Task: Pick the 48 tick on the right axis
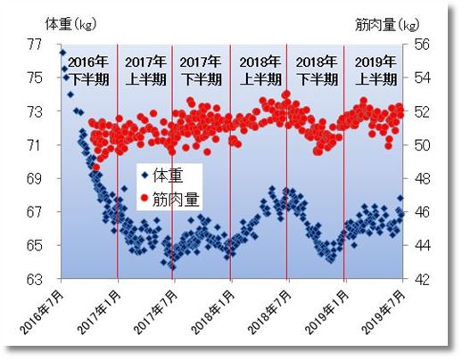423,178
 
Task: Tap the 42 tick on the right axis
423,279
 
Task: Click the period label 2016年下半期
90,70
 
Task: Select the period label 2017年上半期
145,70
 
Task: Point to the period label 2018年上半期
259,70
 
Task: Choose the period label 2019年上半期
373,70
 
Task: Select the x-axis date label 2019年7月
385,307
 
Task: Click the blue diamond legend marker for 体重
144,175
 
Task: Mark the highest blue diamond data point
62,53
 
